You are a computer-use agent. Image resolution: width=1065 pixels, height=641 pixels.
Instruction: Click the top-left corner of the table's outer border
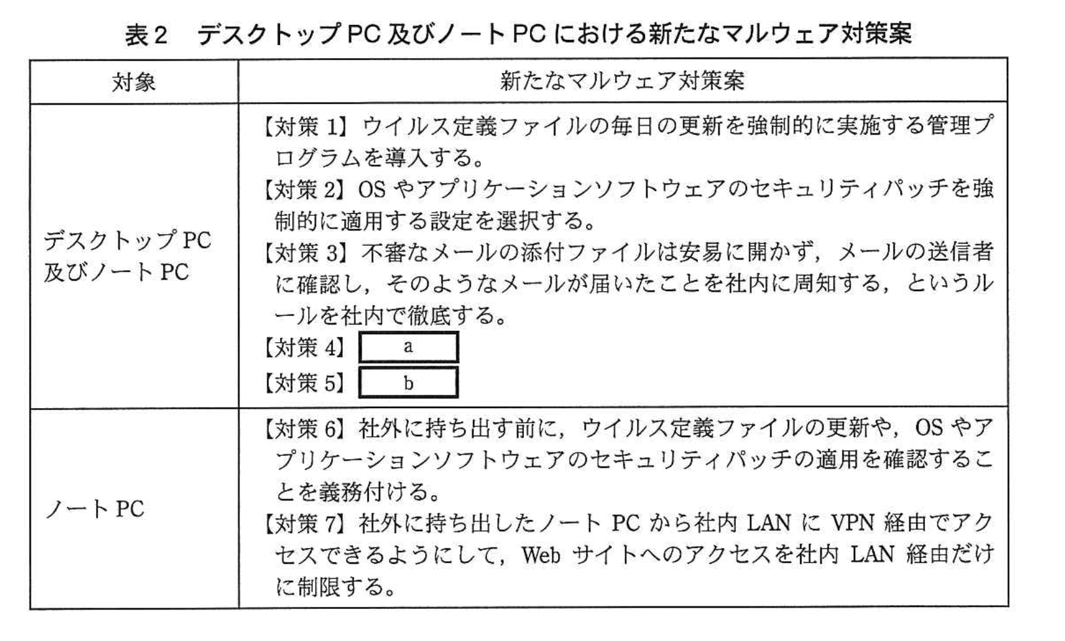pos(31,60)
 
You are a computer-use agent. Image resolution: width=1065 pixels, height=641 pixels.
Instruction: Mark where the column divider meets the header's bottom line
pos(238,103)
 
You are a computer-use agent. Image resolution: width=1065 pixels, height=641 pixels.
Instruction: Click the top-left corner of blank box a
pos(360,333)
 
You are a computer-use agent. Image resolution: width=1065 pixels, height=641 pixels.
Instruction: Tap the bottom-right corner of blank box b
pos(458,396)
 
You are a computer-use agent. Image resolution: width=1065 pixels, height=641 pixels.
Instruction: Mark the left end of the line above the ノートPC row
pos(31,408)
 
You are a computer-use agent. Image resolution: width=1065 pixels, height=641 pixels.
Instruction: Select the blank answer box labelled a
pos(409,347)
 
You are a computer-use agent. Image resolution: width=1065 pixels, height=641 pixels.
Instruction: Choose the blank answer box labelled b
pos(409,382)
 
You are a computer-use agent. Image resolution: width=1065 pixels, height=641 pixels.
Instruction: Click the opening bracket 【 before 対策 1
pos(268,126)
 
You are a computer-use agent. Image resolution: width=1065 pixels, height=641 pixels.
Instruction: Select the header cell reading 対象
pos(134,82)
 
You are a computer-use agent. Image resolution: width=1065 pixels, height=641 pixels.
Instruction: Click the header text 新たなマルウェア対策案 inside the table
pos(622,81)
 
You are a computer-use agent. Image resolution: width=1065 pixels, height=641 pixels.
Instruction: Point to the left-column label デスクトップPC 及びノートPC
pos(127,256)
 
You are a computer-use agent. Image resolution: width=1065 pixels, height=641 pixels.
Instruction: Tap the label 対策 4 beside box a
pos(304,347)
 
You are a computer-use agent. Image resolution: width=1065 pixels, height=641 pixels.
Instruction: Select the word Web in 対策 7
pos(541,555)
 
